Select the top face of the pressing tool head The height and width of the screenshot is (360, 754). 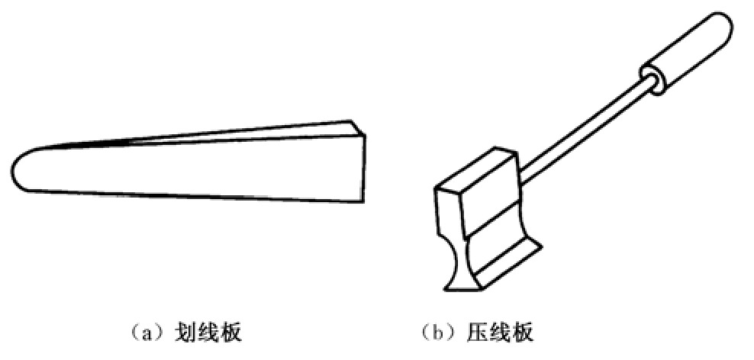pyautogui.click(x=477, y=171)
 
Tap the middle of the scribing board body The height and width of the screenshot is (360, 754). pyautogui.click(x=191, y=168)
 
